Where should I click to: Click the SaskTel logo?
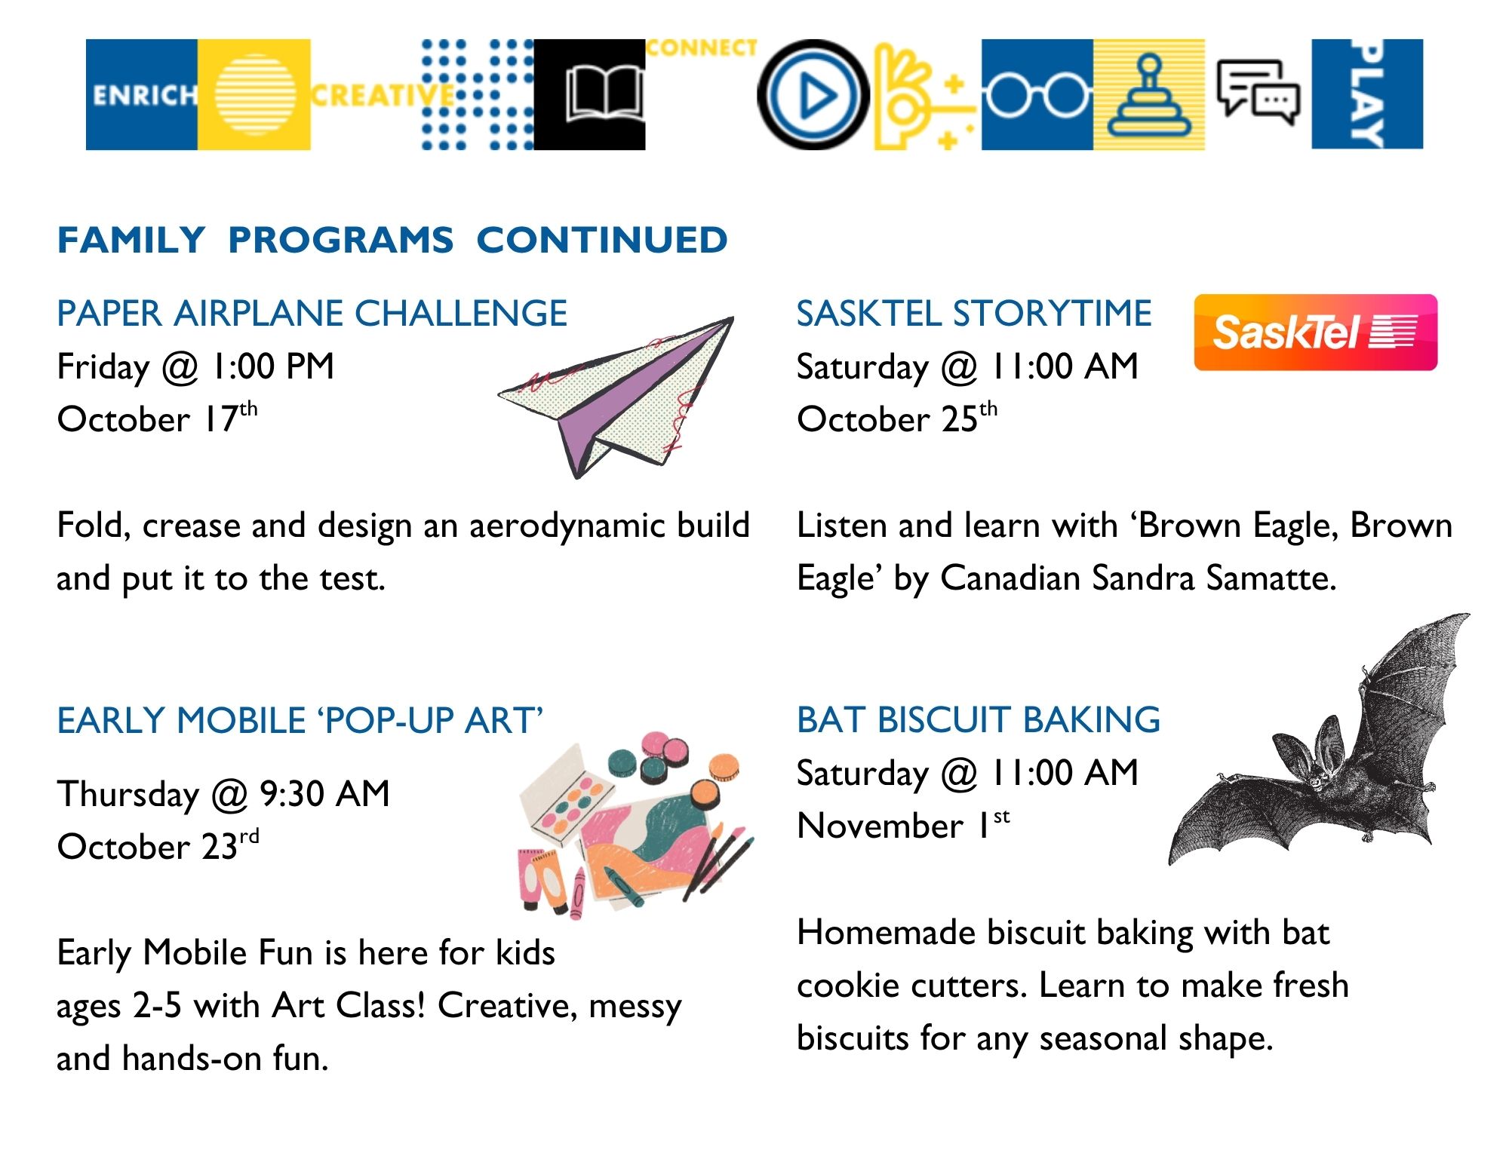[x=1315, y=333]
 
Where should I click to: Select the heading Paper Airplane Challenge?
[x=312, y=314]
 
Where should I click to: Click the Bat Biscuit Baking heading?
[x=978, y=720]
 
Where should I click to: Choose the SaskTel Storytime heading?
[x=974, y=314]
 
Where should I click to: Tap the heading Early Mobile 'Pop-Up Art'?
[x=300, y=721]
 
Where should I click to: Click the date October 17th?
[x=157, y=418]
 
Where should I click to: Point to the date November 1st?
[x=902, y=826]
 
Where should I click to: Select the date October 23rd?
[x=158, y=846]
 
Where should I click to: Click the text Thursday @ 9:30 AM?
[x=223, y=794]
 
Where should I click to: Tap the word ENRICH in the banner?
[x=143, y=96]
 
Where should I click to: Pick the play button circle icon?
[x=813, y=95]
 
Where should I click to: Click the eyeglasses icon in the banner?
[x=1037, y=96]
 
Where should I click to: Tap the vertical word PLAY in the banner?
[x=1366, y=94]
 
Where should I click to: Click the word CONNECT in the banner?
[x=701, y=48]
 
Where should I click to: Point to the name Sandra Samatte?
[x=1213, y=578]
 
